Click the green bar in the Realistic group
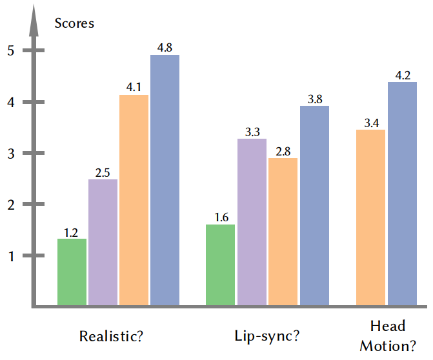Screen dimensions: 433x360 pyautogui.click(x=72, y=272)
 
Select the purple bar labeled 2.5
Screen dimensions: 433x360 pyautogui.click(x=103, y=243)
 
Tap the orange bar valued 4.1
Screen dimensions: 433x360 pyautogui.click(x=134, y=200)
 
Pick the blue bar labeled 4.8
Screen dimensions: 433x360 pyautogui.click(x=165, y=180)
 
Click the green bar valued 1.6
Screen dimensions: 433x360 pyautogui.click(x=220, y=265)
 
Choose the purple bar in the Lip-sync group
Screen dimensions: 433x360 pyautogui.click(x=252, y=222)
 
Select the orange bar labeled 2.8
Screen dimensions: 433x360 pyautogui.click(x=283, y=232)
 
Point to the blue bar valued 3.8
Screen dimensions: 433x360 pyautogui.click(x=314, y=206)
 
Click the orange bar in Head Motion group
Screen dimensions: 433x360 pyautogui.click(x=370, y=217)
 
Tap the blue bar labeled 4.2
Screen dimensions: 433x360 pyautogui.click(x=402, y=194)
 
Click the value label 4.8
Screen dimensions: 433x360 pyautogui.click(x=165, y=48)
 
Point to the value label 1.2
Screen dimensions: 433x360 pyautogui.click(x=71, y=233)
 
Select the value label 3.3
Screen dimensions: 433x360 pyautogui.click(x=252, y=132)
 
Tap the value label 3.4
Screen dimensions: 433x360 pyautogui.click(x=372, y=123)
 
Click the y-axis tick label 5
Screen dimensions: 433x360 pyautogui.click(x=11, y=50)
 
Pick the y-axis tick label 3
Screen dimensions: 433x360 pyautogui.click(x=11, y=154)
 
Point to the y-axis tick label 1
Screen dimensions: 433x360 pyautogui.click(x=11, y=257)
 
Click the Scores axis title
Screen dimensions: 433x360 pyautogui.click(x=74, y=23)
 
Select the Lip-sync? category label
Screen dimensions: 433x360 pyautogui.click(x=267, y=336)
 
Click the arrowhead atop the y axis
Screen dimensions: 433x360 pyautogui.click(x=34, y=21)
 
